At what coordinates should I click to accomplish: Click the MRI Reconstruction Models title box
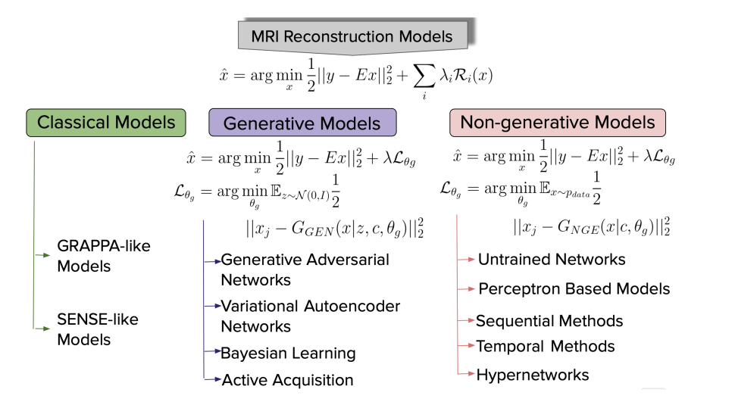pyautogui.click(x=352, y=36)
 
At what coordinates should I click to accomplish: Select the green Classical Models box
pyautogui.click(x=106, y=123)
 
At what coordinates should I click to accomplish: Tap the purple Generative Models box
pyautogui.click(x=302, y=123)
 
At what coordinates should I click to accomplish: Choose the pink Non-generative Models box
pyautogui.click(x=558, y=123)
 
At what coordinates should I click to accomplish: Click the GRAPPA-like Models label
pyautogui.click(x=104, y=256)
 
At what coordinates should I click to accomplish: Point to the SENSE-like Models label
pyautogui.click(x=98, y=329)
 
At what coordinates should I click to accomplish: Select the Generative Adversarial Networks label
pyautogui.click(x=305, y=269)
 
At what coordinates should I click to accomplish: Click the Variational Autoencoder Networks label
pyautogui.click(x=311, y=316)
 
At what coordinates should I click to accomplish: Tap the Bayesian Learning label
pyautogui.click(x=288, y=354)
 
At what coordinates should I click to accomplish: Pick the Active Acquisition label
pyautogui.click(x=287, y=380)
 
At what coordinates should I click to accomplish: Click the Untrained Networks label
pyautogui.click(x=552, y=260)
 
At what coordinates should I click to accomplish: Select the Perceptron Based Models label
pyautogui.click(x=574, y=289)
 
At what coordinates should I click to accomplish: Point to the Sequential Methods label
pyautogui.click(x=549, y=321)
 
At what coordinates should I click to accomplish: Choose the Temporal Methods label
pyautogui.click(x=545, y=347)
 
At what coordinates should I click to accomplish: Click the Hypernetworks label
pyautogui.click(x=533, y=375)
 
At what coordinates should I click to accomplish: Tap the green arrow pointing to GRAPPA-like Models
pyautogui.click(x=42, y=255)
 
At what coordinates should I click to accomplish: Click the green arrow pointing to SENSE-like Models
pyautogui.click(x=42, y=329)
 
